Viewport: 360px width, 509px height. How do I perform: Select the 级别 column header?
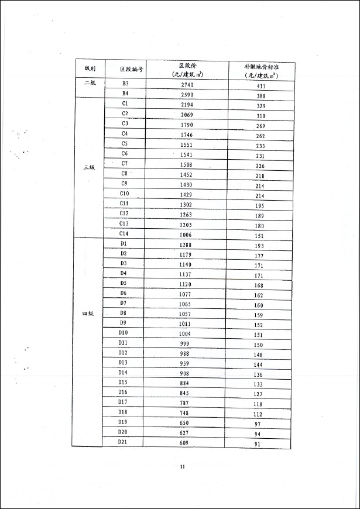point(90,69)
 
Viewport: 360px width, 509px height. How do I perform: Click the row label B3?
point(125,84)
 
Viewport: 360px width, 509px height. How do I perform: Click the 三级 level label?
point(89,167)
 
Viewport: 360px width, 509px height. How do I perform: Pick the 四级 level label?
point(88,314)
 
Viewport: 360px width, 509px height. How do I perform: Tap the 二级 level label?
point(89,83)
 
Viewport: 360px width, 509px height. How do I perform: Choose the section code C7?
point(125,163)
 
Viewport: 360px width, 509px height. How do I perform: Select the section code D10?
point(123,333)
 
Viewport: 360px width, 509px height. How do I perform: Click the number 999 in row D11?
point(185,343)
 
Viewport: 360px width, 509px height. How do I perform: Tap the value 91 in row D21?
point(258,443)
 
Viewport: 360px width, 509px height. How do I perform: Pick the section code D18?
point(123,412)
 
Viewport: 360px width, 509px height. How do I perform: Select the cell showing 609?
point(185,442)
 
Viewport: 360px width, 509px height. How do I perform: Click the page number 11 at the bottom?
point(183,466)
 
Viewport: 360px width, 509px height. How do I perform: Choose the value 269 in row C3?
point(260,126)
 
